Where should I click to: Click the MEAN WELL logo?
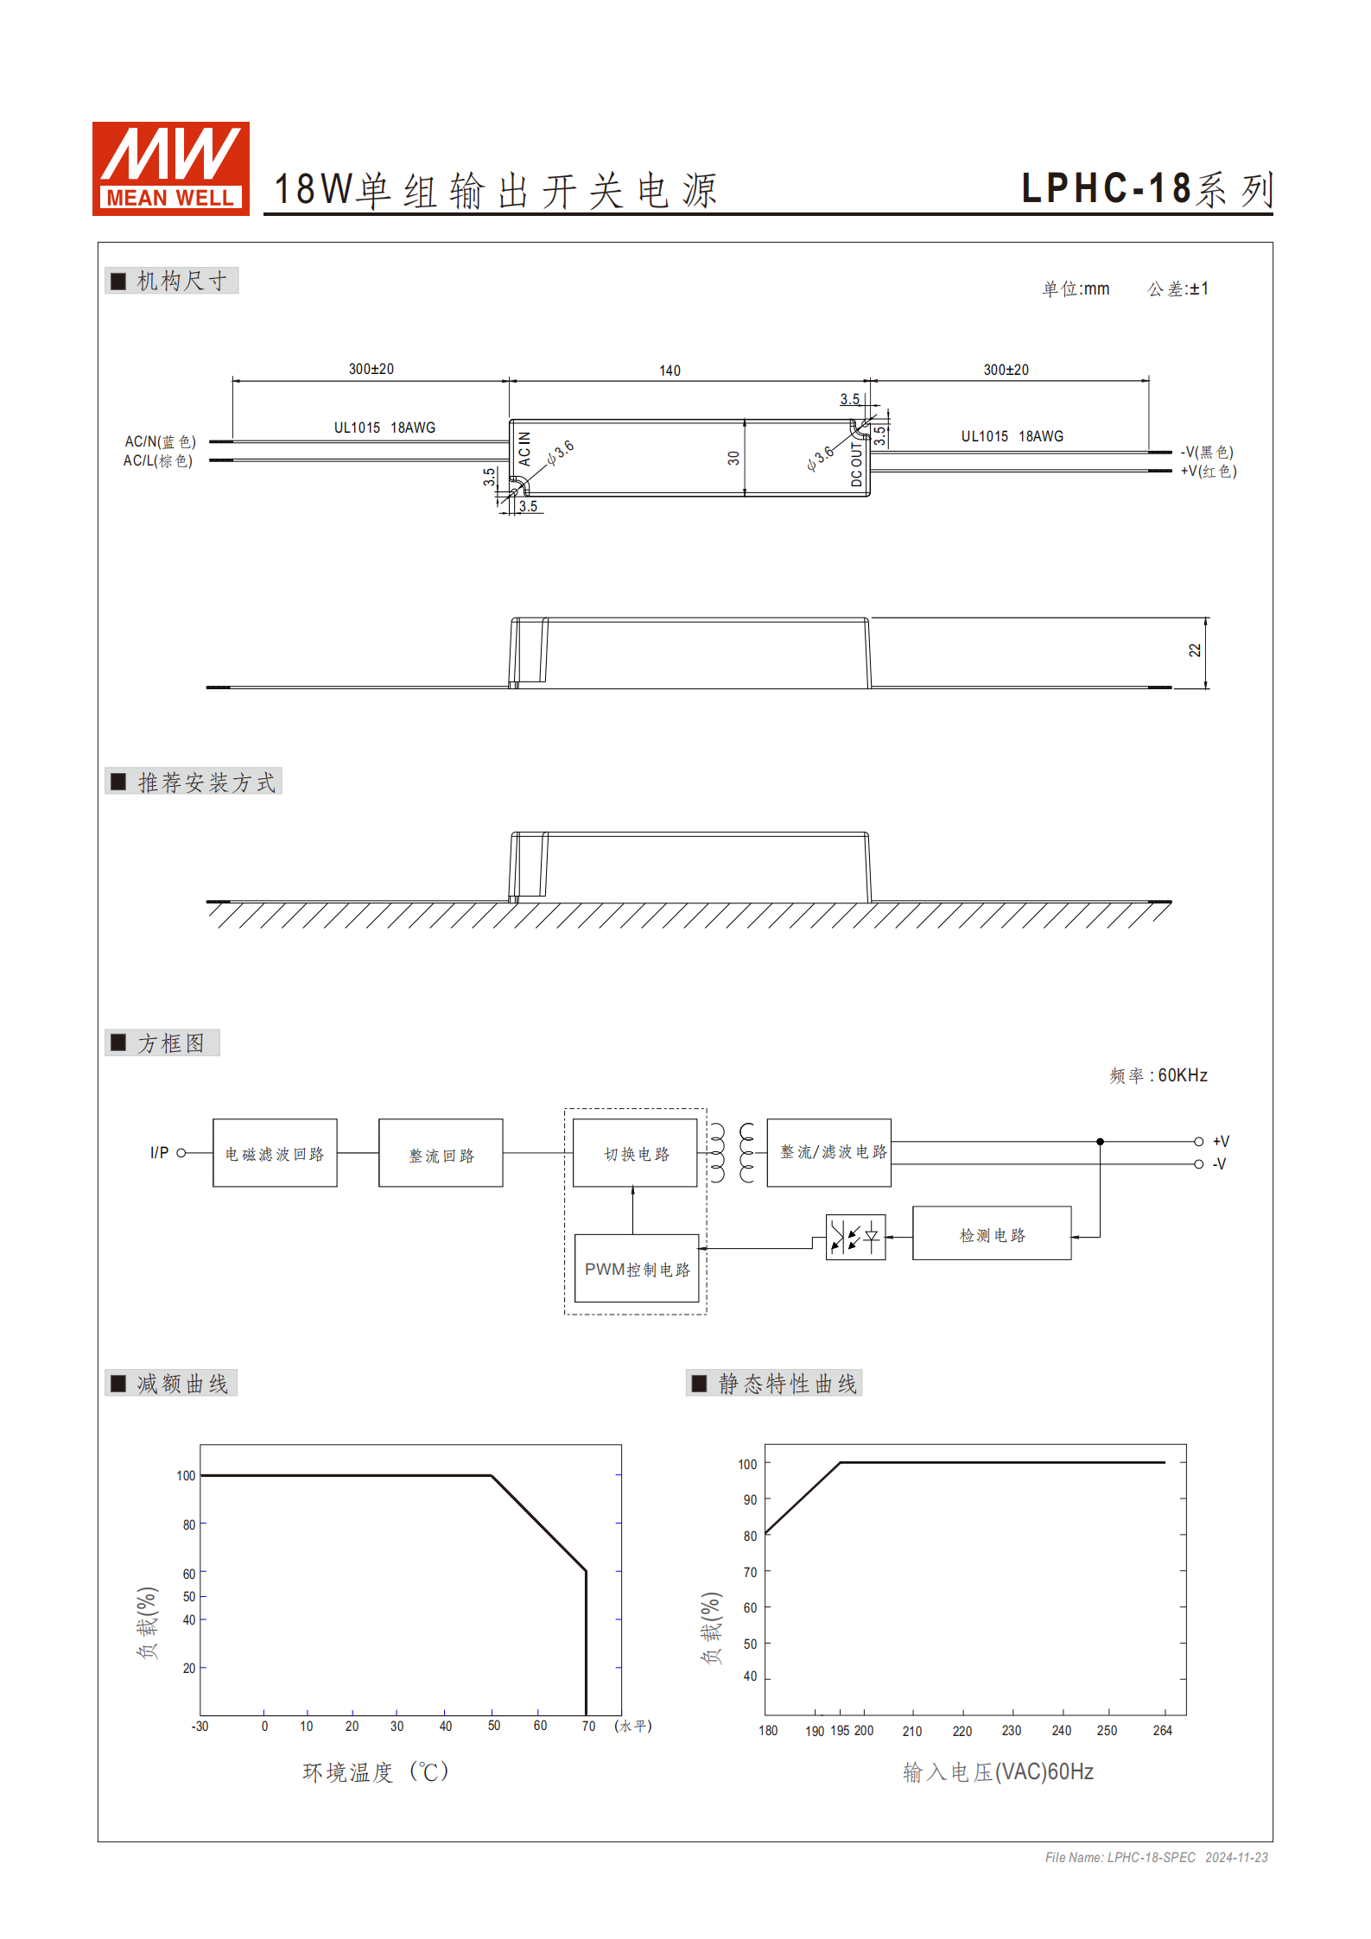click(170, 168)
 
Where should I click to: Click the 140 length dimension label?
click(670, 371)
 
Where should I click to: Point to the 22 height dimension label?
click(1195, 650)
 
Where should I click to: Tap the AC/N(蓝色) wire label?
click(161, 441)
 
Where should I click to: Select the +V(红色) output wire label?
click(1209, 472)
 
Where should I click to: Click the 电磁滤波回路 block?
click(275, 1153)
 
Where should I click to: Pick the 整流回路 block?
click(441, 1153)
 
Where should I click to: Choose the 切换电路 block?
click(635, 1153)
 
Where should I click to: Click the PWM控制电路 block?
click(637, 1268)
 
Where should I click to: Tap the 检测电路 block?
click(992, 1233)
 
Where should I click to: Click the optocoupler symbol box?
click(855, 1238)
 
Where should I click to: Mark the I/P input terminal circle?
click(181, 1152)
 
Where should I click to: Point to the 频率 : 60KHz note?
click(1158, 1075)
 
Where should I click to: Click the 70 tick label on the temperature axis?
click(588, 1726)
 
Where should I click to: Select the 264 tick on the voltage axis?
click(1162, 1730)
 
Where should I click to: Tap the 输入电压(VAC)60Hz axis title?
click(998, 1772)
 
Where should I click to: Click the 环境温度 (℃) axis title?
click(376, 1772)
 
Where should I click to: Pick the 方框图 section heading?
click(171, 1043)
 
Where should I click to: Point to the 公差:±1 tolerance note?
click(1177, 289)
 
